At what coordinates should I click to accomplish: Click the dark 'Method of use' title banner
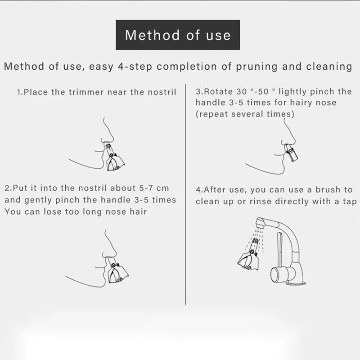tap(178, 35)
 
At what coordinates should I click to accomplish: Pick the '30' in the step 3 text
tap(242, 92)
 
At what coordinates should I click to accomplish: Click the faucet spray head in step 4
tap(261, 223)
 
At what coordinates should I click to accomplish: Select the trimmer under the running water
tap(249, 254)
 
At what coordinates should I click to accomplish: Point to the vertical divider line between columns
tap(185, 194)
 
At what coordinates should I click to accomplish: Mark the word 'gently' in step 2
tap(38, 200)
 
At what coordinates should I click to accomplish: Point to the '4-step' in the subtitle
tap(135, 67)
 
